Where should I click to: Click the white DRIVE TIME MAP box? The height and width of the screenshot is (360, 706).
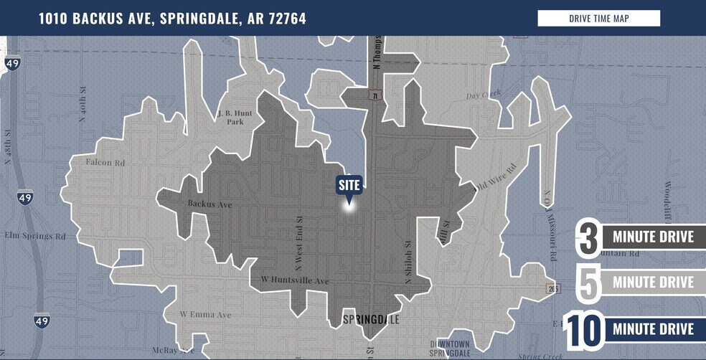coord(598,19)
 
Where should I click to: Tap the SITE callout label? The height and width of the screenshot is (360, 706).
coord(349,185)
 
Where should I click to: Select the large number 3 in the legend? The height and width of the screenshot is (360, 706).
coord(588,238)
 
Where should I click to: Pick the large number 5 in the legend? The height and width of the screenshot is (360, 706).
coord(588,283)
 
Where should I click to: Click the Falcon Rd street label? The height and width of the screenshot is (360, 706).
coord(105,163)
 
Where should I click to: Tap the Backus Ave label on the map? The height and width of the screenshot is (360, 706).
coord(210,204)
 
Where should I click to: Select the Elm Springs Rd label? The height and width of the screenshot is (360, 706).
coord(35,235)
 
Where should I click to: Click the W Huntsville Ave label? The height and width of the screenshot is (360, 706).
coord(294,280)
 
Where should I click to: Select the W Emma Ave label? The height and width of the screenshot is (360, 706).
coord(205,314)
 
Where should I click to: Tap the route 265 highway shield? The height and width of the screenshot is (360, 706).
coord(552,288)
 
